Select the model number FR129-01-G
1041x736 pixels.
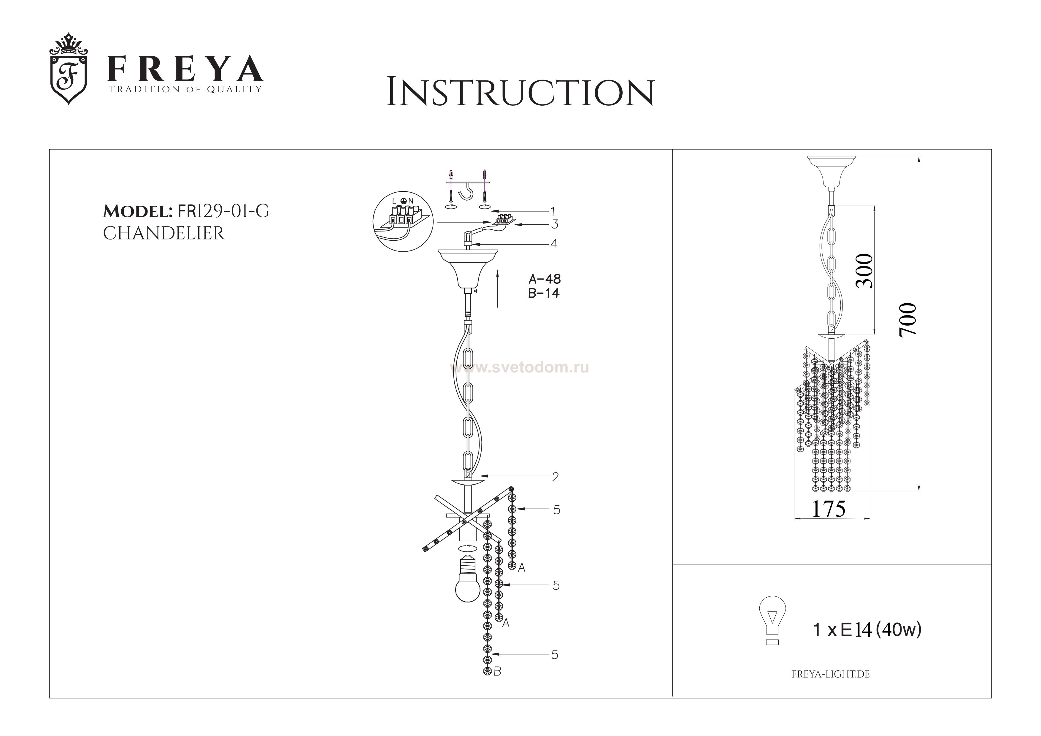223,211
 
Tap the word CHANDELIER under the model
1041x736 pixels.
164,234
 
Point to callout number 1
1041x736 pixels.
553,211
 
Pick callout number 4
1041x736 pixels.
554,244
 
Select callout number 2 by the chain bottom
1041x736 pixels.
555,477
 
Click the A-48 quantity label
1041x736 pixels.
545,279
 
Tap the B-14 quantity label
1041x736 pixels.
544,293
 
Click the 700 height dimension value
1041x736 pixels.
908,320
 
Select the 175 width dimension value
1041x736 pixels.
828,509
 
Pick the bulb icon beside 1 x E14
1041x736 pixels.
772,620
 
